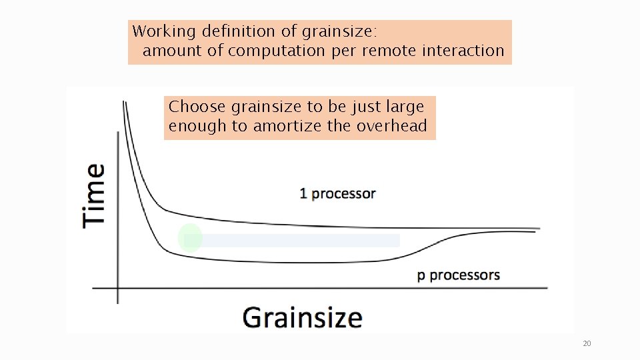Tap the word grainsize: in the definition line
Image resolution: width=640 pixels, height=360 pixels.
[x=340, y=31]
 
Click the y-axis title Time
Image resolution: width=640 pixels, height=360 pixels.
[x=94, y=196]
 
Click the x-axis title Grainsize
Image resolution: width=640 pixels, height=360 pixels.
[x=302, y=317]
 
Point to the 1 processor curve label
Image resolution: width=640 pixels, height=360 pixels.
[x=337, y=194]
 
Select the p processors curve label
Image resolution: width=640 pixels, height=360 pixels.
[x=458, y=275]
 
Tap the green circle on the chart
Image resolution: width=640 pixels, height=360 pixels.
[x=190, y=239]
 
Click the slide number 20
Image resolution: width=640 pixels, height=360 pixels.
[x=587, y=344]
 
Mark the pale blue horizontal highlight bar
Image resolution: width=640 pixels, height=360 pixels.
[x=300, y=240]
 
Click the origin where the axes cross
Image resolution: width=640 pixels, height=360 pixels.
[x=118, y=288]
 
